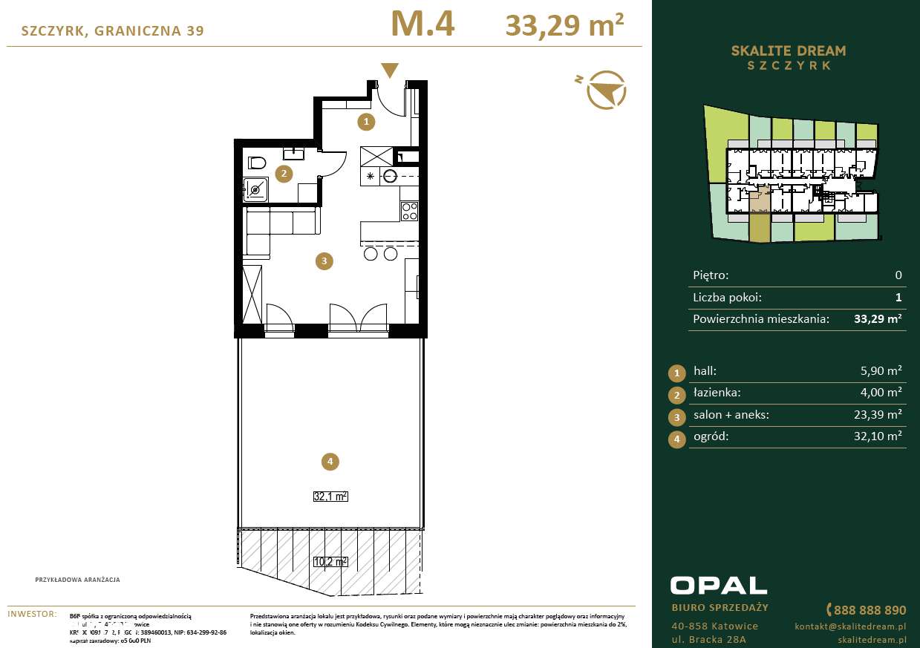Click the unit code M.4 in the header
coord(422,24)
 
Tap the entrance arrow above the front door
coord(389,71)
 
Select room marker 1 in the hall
coord(365,120)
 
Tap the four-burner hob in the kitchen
coord(409,212)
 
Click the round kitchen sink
coord(391,177)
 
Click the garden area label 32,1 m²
coord(330,497)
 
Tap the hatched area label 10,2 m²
coord(330,562)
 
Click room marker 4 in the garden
coord(330,462)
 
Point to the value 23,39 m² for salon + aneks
coord(878,414)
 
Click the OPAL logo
coord(718,585)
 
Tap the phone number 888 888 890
coord(870,610)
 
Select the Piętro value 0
coord(898,275)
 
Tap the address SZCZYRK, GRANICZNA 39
coord(113,30)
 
